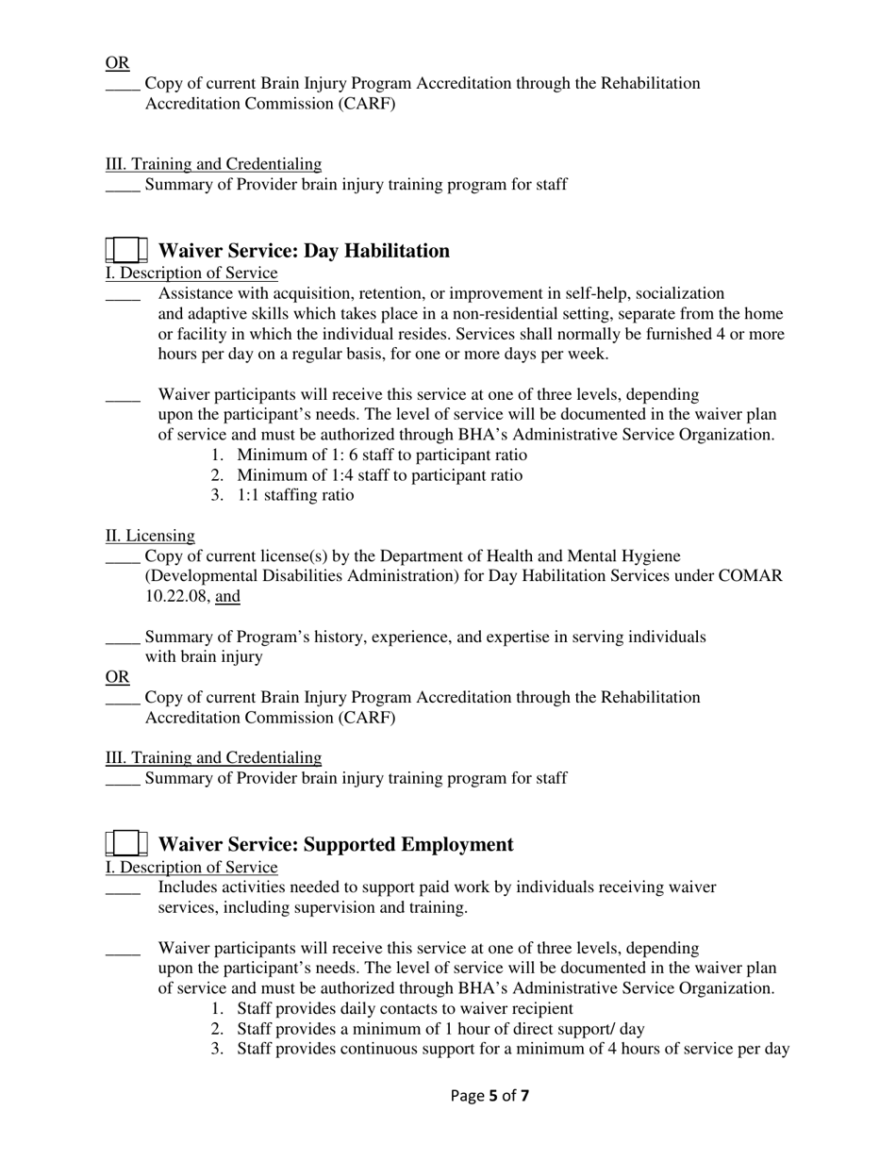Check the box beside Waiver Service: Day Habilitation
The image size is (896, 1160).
pyautogui.click(x=125, y=251)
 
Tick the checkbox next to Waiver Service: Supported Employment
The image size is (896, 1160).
pyautogui.click(x=125, y=844)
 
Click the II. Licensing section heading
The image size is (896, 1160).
pyautogui.click(x=150, y=536)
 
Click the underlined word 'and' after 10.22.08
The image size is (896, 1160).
pyautogui.click(x=227, y=596)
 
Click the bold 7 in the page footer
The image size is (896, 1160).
pyautogui.click(x=524, y=1096)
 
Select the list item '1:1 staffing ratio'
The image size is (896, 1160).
pyautogui.click(x=295, y=495)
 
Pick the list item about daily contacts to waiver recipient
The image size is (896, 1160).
pyautogui.click(x=405, y=1009)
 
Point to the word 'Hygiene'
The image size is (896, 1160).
pyautogui.click(x=651, y=556)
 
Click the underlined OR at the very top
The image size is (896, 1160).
pyautogui.click(x=117, y=63)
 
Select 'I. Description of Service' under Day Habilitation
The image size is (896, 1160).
pyautogui.click(x=191, y=273)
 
